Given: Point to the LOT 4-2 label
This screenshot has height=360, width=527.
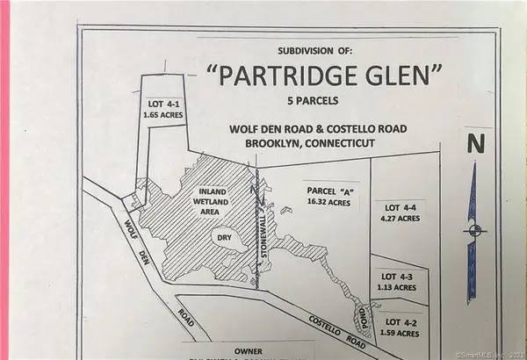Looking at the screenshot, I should [x=403, y=322].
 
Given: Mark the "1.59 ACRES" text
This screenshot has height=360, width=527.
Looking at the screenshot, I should [x=403, y=334].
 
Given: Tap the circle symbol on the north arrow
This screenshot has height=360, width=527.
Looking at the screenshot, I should [x=474, y=231].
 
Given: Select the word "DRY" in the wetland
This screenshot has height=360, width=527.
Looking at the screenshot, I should [x=222, y=236].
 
